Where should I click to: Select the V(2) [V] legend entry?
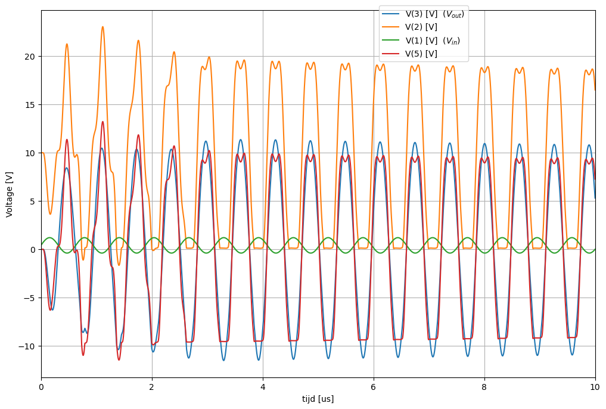point(421,27)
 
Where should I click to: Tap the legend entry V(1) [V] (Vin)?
point(433,41)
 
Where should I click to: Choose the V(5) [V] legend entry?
point(421,54)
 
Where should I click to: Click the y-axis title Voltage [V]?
point(10,194)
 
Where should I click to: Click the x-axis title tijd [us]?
point(318,399)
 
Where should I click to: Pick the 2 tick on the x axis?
point(152,386)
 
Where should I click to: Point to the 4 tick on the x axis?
point(263,386)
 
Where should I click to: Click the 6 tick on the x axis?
point(374,386)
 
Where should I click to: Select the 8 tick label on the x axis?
point(484,386)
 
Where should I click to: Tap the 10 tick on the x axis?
point(595,386)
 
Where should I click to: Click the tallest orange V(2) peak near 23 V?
point(102,27)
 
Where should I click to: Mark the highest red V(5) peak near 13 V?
point(102,122)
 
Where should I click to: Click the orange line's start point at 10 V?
point(42,153)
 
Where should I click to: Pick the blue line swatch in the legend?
point(391,14)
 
